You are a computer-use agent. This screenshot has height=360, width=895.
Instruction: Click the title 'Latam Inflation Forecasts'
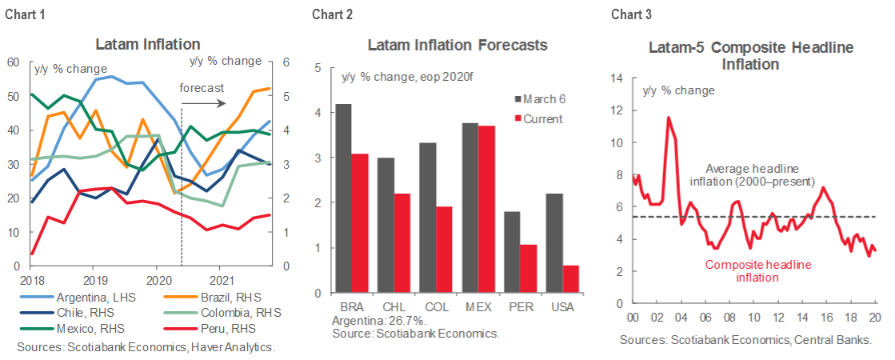[457, 46]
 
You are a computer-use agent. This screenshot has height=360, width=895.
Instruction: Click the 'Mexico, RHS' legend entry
[81, 328]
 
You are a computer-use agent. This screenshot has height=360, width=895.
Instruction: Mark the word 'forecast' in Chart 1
[201, 87]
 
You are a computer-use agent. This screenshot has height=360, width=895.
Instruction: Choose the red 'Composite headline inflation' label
[753, 271]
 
